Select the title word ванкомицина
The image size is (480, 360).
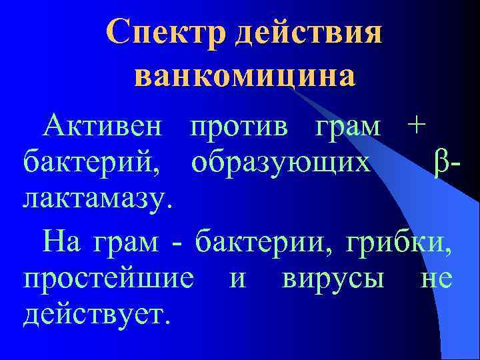tap(244, 76)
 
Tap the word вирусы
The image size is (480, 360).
tap(333, 278)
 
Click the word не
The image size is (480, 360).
tap(437, 278)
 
